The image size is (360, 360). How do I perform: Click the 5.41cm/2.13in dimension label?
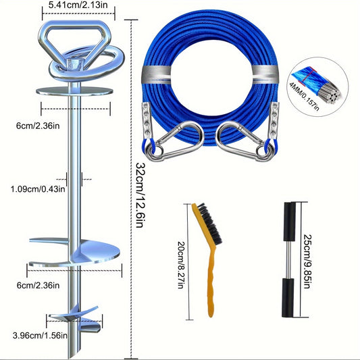pos(78,5)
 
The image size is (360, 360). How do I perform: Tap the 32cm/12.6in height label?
pos(140,195)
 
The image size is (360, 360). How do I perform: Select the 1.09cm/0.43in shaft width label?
pos(38,189)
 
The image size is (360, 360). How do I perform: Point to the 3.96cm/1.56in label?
pos(40,336)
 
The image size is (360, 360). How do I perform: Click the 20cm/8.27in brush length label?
pos(182,265)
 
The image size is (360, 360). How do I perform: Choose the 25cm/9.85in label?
pos(307,261)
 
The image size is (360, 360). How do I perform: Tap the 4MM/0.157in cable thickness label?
pos(304,97)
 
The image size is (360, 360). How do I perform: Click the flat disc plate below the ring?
pos(74,91)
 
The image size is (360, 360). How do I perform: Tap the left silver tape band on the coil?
pos(156,74)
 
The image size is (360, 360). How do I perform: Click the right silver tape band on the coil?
pos(265,74)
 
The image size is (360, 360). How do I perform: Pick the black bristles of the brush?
pos(209,224)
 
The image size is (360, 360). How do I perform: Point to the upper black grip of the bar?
pos(290,222)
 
